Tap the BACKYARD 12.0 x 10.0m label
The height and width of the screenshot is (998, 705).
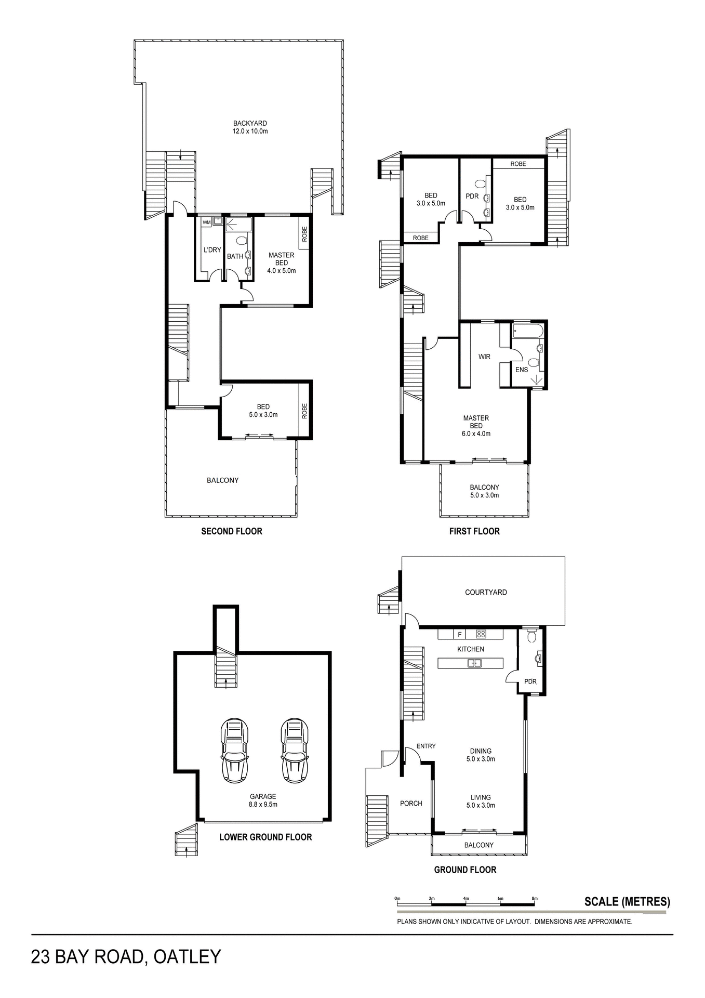click(250, 127)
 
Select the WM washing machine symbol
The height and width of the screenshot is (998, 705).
click(207, 222)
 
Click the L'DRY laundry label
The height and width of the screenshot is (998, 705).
click(212, 250)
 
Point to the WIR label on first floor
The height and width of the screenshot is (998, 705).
click(484, 357)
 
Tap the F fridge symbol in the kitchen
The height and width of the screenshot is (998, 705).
click(459, 634)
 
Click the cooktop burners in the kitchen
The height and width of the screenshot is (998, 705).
click(481, 634)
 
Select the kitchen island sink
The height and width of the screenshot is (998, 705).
click(475, 663)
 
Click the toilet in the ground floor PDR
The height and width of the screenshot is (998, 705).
click(531, 636)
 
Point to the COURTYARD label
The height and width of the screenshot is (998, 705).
click(486, 592)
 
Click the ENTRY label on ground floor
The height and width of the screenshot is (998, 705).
click(426, 746)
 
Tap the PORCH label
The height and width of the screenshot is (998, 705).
click(411, 803)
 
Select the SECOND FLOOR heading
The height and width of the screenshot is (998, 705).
click(232, 531)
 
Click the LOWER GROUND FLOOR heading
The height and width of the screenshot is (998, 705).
click(265, 837)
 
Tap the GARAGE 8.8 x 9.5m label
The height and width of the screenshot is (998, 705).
click(263, 800)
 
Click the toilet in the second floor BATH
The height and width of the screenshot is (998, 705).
click(241, 241)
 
